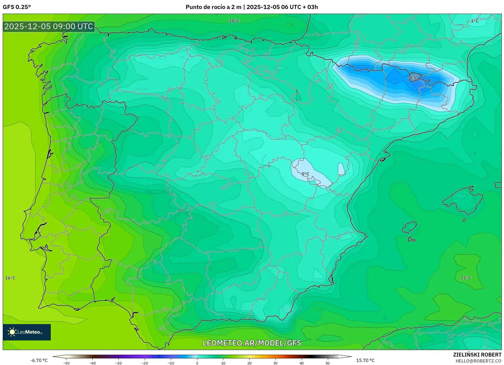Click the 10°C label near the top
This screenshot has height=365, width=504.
coord(234,21)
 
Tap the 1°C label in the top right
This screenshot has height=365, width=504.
coord(475,21)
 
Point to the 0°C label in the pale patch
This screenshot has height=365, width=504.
coord(305,174)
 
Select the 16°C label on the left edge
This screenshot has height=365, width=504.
coord(10,278)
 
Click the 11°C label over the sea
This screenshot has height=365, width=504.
coord(466,278)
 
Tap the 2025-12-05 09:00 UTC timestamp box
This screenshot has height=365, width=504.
coord(49,26)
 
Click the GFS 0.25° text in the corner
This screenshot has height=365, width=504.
coord(17,7)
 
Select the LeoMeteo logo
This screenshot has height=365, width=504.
coord(27,332)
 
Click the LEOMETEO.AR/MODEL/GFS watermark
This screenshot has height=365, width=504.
coord(252,343)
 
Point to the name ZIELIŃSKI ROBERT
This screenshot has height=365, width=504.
coord(477,355)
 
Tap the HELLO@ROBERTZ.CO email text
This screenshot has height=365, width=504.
coord(478,361)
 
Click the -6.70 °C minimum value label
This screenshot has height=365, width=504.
coord(39,360)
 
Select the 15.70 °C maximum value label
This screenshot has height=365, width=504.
coord(365,360)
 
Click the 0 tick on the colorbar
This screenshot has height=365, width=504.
coord(197,363)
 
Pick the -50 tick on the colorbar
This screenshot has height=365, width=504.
coord(66,363)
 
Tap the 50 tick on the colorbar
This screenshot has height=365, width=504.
coord(328,363)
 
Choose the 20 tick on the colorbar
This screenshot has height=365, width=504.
coord(249,363)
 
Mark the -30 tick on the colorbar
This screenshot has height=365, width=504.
coord(118,363)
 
